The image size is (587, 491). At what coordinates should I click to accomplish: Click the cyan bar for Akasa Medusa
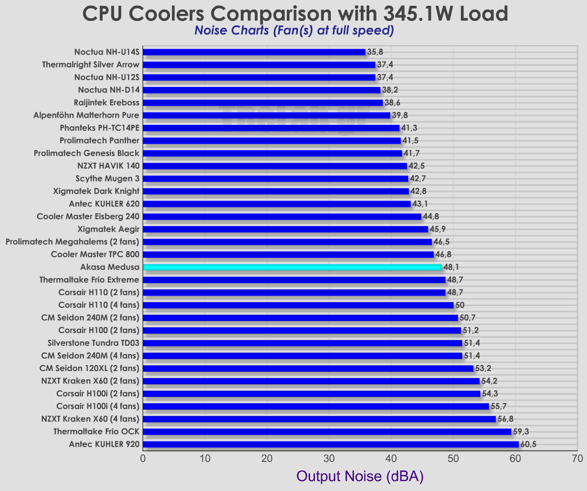coord(292,267)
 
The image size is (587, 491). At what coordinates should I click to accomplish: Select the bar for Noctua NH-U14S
coord(254,52)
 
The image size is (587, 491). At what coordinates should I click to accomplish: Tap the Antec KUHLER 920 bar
coord(331,444)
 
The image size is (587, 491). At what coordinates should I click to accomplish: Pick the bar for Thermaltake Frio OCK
coord(327,432)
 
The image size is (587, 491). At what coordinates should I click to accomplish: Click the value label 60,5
coord(528,444)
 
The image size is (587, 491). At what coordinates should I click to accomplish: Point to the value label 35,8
coord(375,52)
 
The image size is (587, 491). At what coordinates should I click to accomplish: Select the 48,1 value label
coord(451,267)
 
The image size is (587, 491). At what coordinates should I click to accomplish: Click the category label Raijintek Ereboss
coord(109,103)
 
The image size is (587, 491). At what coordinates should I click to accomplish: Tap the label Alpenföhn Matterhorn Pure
coord(87,116)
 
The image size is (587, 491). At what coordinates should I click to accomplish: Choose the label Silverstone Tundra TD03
coord(93,343)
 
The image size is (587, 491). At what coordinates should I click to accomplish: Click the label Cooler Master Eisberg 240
coord(88,217)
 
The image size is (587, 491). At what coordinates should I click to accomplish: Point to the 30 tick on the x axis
coord(329,458)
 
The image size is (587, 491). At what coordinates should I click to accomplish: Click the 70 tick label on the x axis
coord(577,458)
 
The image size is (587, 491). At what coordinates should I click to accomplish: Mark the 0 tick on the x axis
coord(143,458)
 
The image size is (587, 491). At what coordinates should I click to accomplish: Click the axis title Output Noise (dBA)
coord(360,476)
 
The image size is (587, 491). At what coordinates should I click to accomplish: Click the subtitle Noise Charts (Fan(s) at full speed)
coord(294,31)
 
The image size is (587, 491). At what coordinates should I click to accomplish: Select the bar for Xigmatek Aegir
coord(285,229)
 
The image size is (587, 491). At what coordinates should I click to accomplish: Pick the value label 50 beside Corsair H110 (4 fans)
coord(460,305)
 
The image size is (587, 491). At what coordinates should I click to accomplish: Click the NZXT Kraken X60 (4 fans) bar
coord(319,419)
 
